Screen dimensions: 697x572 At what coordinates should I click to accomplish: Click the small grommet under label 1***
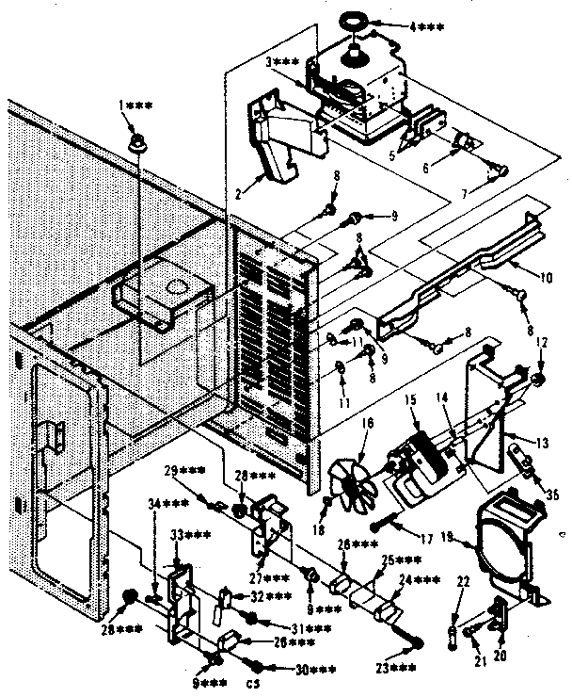(137, 145)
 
